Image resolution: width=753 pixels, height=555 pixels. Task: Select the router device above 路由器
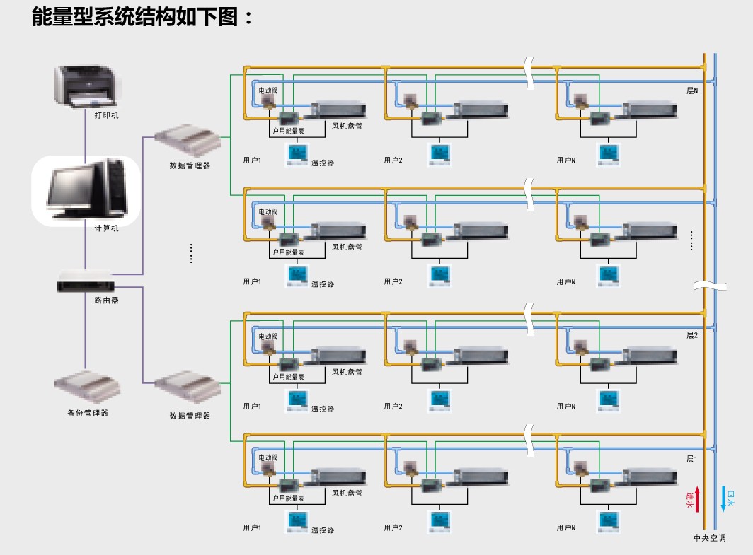[85, 282]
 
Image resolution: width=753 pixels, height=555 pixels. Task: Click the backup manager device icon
[87, 386]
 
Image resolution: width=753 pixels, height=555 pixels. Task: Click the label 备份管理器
[88, 413]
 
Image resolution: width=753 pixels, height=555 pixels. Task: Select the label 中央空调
[709, 538]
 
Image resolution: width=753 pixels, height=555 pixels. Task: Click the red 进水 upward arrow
[697, 499]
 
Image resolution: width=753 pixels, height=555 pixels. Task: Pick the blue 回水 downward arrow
[723, 499]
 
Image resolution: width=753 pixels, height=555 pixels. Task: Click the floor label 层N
[691, 91]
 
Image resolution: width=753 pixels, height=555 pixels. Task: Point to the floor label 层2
[691, 334]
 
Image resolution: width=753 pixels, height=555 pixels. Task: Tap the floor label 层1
[691, 459]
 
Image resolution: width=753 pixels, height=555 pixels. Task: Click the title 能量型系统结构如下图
[142, 16]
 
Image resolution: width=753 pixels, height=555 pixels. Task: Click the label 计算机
[106, 229]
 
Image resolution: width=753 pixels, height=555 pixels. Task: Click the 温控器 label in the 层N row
[322, 163]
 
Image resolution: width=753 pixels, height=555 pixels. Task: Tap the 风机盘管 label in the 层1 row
[347, 492]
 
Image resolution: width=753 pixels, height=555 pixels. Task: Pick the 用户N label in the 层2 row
[565, 407]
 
